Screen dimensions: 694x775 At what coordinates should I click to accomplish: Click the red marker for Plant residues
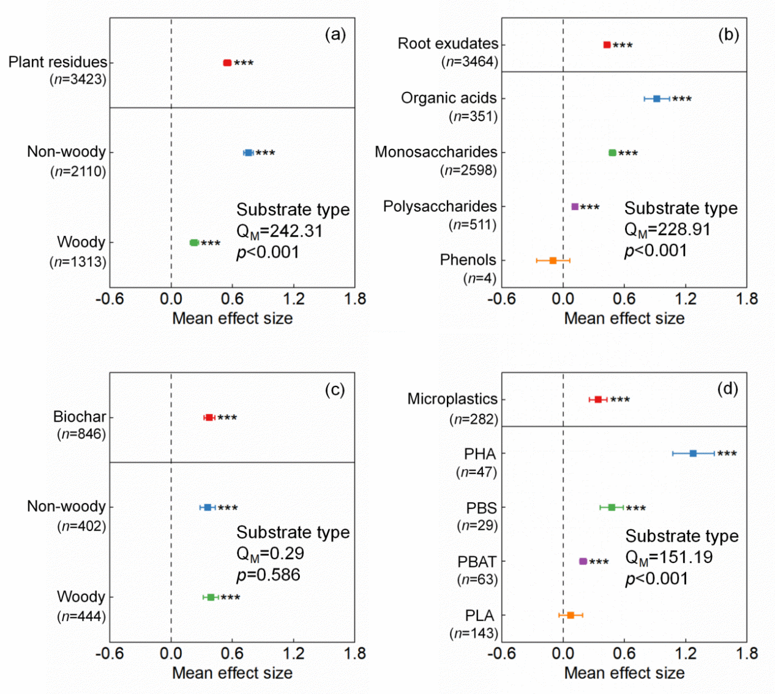(227, 62)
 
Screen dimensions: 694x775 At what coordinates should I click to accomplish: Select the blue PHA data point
(693, 453)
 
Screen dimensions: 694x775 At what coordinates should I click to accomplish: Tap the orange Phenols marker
(553, 260)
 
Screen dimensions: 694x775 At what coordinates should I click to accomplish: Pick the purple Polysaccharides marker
(575, 207)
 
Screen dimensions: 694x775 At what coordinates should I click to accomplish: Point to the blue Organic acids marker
(657, 99)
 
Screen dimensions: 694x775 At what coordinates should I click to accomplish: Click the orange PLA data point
(571, 615)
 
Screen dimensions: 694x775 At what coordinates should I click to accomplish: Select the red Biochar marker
(209, 417)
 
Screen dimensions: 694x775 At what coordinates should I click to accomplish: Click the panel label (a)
(335, 34)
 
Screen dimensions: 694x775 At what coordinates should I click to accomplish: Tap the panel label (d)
(728, 389)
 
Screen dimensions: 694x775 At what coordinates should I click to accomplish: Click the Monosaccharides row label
(436, 152)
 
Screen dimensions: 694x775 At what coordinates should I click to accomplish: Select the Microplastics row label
(452, 399)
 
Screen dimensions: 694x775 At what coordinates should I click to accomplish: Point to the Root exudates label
(447, 43)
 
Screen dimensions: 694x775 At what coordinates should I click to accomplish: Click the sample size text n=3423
(78, 80)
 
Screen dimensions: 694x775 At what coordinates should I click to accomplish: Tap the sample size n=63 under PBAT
(477, 579)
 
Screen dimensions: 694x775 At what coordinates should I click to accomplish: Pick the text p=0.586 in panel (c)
(268, 575)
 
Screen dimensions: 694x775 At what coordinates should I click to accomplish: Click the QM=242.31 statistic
(279, 232)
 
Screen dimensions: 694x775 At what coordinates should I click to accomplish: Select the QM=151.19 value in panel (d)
(668, 557)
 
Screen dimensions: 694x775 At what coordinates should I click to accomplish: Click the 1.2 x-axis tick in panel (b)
(686, 299)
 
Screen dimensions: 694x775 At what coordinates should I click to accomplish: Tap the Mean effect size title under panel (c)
(232, 673)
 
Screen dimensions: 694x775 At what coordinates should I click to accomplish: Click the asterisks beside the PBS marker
(636, 508)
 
